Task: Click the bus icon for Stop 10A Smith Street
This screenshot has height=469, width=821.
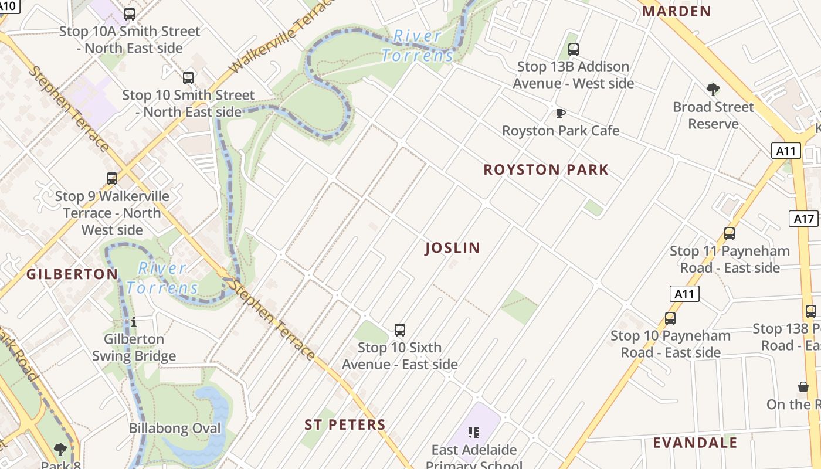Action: pos(130,13)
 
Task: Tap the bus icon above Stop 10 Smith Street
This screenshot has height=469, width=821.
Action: pos(188,77)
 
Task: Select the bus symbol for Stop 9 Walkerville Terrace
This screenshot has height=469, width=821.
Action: pos(112,178)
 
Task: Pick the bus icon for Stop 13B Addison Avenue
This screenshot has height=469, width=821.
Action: pos(574,49)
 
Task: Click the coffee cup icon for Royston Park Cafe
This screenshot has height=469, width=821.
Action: pos(561,113)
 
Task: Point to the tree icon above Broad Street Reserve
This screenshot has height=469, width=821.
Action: pos(713,90)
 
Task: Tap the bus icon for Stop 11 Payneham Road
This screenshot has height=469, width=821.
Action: pos(730,233)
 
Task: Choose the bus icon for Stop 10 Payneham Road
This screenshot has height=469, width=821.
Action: pos(670,318)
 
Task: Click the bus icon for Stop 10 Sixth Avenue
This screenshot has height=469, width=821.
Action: pos(400,330)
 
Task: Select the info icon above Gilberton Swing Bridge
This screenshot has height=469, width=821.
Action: pos(134,322)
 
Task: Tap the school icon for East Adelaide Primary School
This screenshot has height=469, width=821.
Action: pos(474,433)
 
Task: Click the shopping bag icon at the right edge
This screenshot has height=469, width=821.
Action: pos(803,387)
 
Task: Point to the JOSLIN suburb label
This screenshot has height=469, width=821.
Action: pos(452,248)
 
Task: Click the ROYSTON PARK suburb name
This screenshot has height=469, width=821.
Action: pos(546,170)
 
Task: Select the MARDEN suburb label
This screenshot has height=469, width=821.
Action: pos(677,11)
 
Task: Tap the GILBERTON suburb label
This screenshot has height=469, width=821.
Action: pos(72,274)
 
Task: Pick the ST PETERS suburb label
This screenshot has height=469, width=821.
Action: pos(345,425)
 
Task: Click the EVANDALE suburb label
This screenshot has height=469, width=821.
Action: pos(695,443)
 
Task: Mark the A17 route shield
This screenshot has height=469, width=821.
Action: pos(803,219)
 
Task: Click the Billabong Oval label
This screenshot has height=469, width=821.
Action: pos(175,429)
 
